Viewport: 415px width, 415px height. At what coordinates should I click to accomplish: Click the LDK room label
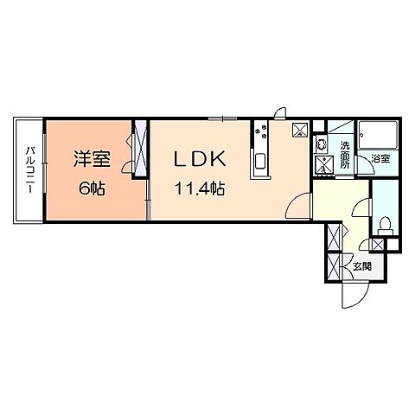[201, 159]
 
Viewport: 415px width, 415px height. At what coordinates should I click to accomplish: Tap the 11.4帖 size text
[201, 188]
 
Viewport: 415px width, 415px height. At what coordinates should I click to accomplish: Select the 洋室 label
[90, 161]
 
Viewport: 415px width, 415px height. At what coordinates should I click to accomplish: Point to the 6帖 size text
[90, 188]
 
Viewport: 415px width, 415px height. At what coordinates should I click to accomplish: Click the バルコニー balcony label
[29, 169]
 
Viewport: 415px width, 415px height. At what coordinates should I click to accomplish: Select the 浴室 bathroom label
[380, 159]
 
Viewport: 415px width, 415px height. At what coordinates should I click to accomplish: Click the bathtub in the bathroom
[377, 136]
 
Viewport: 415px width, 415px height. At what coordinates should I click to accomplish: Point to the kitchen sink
[259, 163]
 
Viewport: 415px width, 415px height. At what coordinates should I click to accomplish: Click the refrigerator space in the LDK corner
[300, 130]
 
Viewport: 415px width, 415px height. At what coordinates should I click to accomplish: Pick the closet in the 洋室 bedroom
[139, 151]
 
